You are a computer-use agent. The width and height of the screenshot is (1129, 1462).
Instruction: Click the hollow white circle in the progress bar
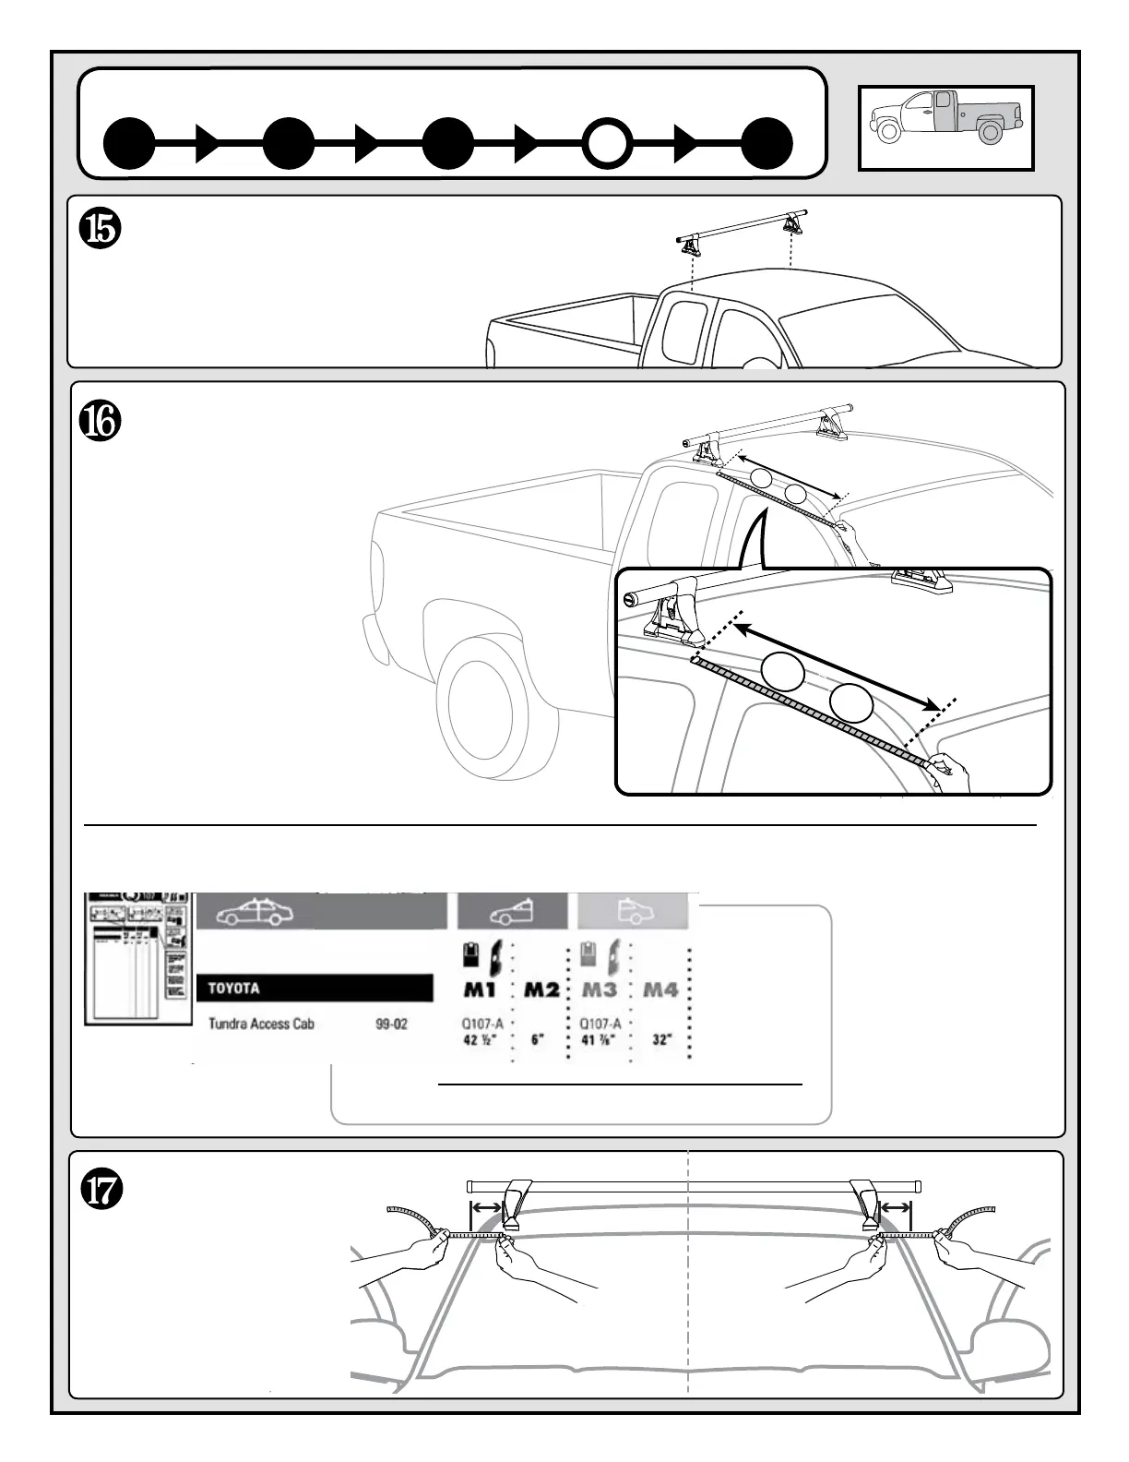point(606,144)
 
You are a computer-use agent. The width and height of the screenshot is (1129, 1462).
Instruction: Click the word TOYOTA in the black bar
point(233,989)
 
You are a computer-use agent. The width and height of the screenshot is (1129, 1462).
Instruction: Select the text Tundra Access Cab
point(261,1024)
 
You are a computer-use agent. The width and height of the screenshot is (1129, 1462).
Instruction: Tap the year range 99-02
point(391,1024)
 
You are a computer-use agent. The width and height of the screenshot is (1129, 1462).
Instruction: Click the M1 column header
point(480,990)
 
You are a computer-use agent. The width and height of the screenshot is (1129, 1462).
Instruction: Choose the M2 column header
point(541,990)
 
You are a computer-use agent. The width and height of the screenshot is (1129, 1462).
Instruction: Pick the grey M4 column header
point(660,990)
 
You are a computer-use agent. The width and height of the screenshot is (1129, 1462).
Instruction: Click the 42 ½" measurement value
point(481,1040)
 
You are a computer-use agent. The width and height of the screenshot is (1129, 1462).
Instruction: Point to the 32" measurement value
point(662,1040)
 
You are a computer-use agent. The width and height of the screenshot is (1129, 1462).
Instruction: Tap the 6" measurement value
point(538,1040)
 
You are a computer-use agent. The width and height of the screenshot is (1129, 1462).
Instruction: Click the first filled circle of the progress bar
point(129,144)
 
